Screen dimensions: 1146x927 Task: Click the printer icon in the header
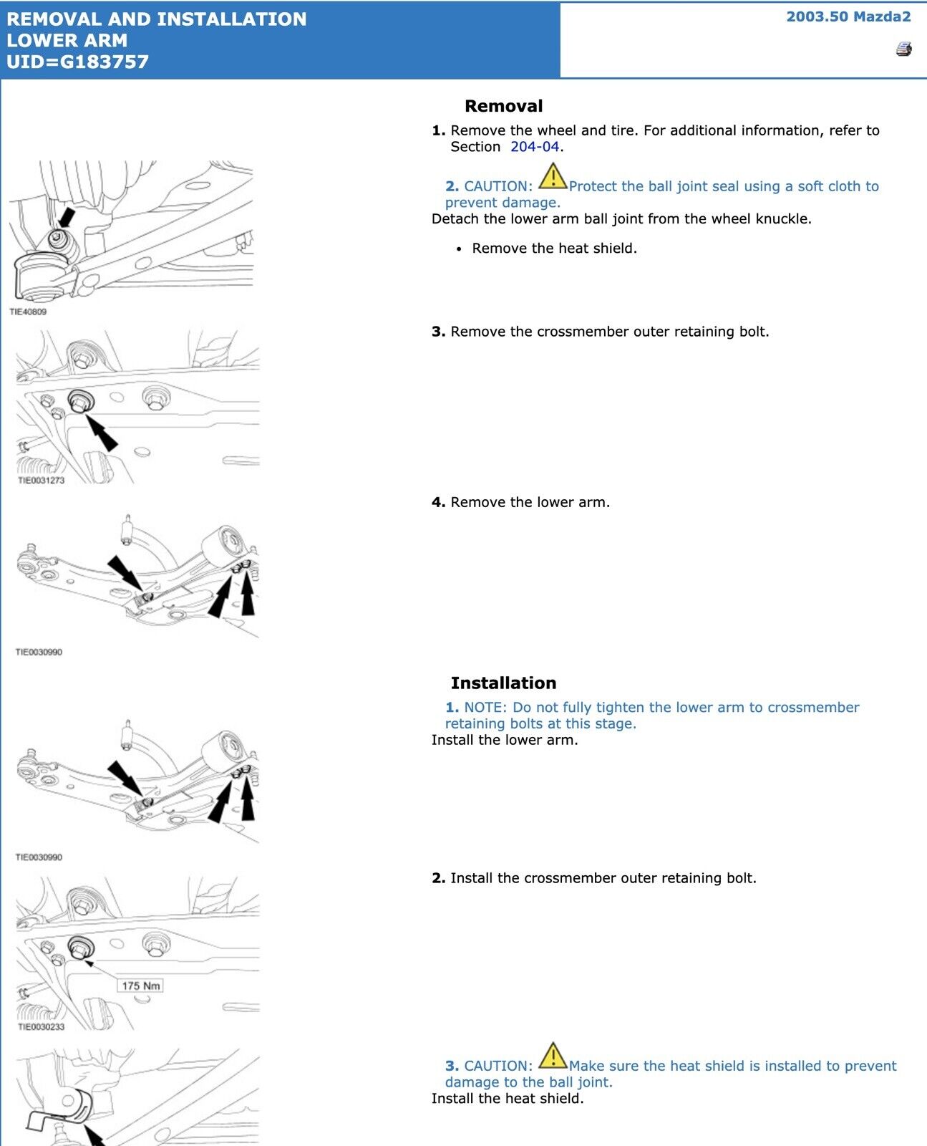point(903,49)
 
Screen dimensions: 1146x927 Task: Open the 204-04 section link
point(534,147)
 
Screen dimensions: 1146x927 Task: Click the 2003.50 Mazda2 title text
point(848,16)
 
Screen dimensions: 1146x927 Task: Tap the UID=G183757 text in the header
point(77,62)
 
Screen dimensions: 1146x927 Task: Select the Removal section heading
point(503,106)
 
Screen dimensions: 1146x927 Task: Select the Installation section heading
point(503,683)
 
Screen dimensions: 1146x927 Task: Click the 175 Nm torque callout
point(140,986)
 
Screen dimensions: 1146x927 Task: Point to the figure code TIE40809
point(28,312)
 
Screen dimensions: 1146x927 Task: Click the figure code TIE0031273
point(41,481)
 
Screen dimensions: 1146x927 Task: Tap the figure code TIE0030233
point(41,1027)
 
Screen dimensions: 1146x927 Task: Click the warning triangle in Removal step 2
point(552,176)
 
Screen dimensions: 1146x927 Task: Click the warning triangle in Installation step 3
point(552,1056)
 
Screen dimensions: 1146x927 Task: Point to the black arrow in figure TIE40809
point(66,218)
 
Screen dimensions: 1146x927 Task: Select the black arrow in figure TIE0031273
point(102,432)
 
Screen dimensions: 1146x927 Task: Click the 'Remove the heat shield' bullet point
point(554,249)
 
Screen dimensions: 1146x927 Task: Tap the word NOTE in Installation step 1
point(485,708)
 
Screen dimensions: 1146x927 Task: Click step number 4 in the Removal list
point(437,503)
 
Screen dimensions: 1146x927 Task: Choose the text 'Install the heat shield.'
point(508,1099)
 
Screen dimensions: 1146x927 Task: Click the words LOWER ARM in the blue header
point(67,40)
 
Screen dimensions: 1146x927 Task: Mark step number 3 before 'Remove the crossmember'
point(437,332)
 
